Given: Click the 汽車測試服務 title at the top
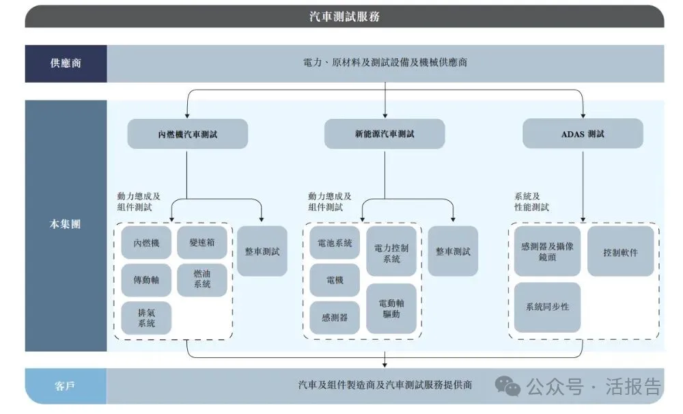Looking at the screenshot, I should click(344, 16).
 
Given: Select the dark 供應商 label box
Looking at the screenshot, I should click(66, 63).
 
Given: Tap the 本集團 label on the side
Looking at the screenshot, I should click(66, 224).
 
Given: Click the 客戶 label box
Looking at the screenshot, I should click(66, 386).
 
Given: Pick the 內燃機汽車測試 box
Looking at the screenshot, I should click(187, 134).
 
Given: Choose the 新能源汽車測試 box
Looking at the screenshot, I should click(385, 134).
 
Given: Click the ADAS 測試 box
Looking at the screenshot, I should click(583, 134).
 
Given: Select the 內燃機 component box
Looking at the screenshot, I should click(146, 243).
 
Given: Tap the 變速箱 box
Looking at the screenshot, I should click(202, 243).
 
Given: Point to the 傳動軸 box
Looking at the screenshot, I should click(146, 280).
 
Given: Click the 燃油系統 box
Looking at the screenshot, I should click(202, 279).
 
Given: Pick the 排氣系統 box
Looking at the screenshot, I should click(146, 318).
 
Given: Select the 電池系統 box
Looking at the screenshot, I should click(335, 243).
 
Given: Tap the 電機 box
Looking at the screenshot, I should click(335, 280).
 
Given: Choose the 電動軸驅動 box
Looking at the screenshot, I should click(391, 309).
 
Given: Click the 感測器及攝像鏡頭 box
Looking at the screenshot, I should click(547, 251).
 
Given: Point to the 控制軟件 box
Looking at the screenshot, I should click(620, 251).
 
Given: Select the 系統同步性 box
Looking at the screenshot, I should click(547, 307).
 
